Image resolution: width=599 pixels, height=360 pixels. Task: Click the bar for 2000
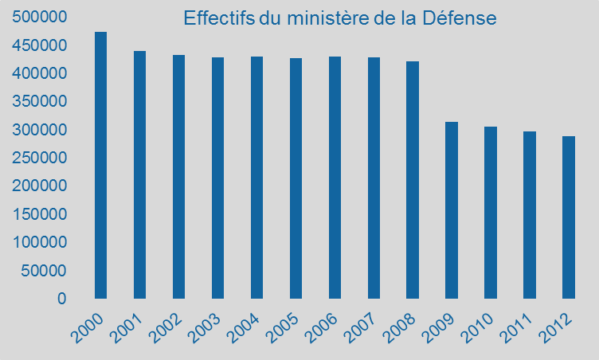[x=101, y=165]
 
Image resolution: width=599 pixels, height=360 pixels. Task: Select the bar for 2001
[x=140, y=174]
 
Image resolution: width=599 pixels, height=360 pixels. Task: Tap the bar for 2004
[x=256, y=178]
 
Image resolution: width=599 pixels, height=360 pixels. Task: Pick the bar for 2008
[x=413, y=180]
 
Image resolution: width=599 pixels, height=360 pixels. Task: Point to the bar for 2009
[x=452, y=210]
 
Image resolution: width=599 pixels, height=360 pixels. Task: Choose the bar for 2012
[x=569, y=217]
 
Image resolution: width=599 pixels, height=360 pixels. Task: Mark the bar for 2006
[x=335, y=178]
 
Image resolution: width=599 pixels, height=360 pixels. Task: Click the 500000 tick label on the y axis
[x=39, y=17]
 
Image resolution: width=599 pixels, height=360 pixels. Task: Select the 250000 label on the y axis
[x=39, y=158]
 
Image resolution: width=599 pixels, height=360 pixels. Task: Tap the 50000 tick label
[x=44, y=271]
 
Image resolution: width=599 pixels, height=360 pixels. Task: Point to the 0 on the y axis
[x=62, y=299]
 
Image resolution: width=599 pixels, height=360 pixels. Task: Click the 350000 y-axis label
[x=39, y=101]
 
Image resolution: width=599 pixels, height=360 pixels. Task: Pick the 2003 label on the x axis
[x=206, y=329]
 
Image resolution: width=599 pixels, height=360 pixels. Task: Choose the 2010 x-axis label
[x=477, y=329]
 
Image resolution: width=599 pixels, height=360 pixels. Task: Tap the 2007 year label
[x=361, y=329]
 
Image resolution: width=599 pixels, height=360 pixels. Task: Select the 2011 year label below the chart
[x=516, y=329]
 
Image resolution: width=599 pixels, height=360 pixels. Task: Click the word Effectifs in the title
[x=219, y=18]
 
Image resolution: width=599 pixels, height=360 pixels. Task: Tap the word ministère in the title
[x=327, y=18]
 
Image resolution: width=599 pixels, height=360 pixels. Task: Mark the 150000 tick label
[x=39, y=214]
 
